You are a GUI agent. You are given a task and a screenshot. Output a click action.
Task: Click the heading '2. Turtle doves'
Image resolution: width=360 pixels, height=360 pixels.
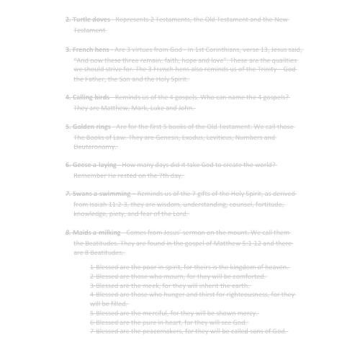[x=89, y=19]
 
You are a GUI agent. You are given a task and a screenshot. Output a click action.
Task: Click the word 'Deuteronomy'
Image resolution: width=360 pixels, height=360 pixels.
[x=94, y=146]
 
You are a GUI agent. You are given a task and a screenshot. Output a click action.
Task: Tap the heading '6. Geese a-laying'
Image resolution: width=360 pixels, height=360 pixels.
[x=92, y=164]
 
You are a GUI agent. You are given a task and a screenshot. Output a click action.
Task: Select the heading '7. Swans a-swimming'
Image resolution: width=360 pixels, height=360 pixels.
[x=98, y=193]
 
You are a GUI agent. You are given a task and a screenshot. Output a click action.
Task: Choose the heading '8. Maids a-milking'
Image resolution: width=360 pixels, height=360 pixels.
[x=94, y=232]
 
